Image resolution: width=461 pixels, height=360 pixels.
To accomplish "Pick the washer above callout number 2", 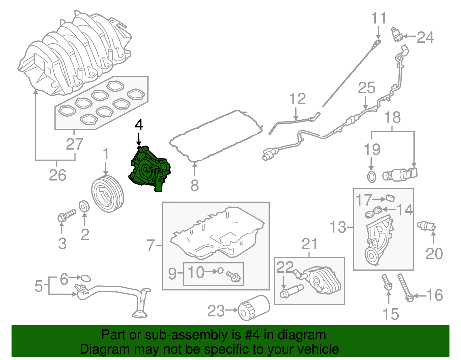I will [x=84, y=206].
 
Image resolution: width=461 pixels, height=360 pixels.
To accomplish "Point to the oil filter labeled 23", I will [x=254, y=308].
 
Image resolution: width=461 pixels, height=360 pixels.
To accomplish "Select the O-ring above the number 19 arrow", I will [x=371, y=176].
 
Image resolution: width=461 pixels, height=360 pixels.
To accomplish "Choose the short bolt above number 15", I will [x=386, y=282].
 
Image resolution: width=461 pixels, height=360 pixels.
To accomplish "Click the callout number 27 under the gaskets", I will [x=74, y=144].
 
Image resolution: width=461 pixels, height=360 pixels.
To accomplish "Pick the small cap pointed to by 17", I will [x=390, y=198].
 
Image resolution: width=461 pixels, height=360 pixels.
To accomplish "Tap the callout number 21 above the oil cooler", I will [x=309, y=244].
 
